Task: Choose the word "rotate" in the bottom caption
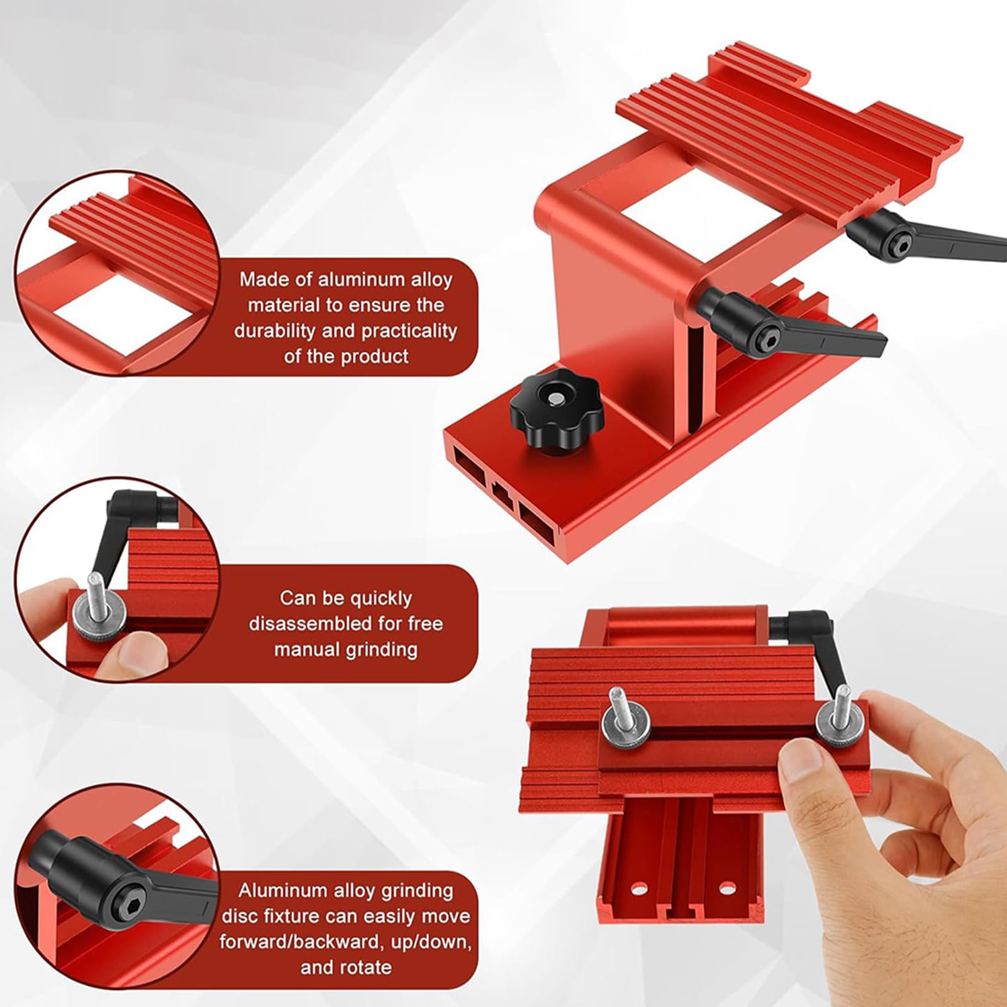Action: [364, 967]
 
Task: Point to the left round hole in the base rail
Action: [638, 889]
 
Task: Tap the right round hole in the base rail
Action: [727, 889]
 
